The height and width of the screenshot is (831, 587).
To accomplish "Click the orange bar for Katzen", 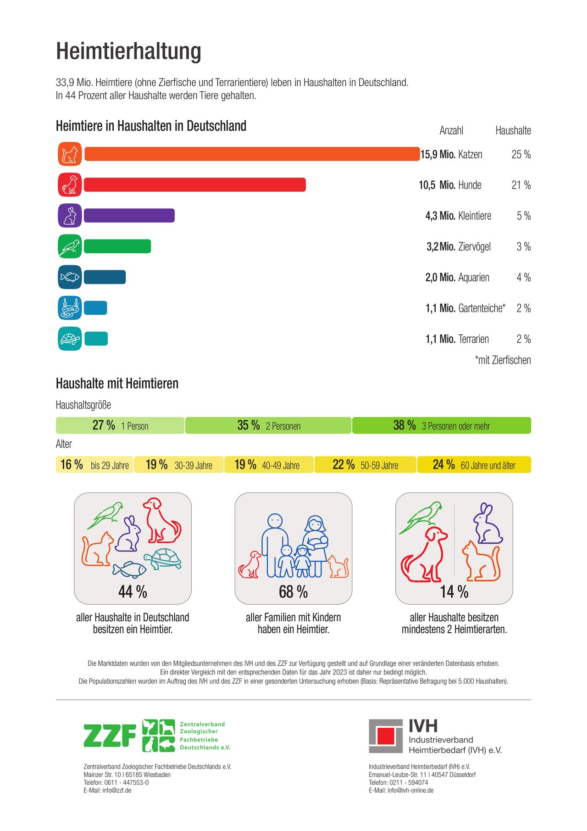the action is coord(252,154).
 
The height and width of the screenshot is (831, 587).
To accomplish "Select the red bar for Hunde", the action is coord(195,185).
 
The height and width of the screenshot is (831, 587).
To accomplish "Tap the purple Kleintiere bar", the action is coord(129,216).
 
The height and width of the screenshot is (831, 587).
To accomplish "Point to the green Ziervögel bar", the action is coord(117,246).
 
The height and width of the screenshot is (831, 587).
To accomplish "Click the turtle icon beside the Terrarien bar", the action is coord(70,339).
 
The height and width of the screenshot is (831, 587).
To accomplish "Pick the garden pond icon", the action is coord(70,308).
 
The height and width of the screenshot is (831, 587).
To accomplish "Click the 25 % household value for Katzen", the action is coord(521,155).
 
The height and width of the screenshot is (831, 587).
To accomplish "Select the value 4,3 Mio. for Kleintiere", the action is coord(440,216).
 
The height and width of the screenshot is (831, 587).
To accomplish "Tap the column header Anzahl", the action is coord(451,131).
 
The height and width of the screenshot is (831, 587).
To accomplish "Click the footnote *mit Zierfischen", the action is coord(503,360).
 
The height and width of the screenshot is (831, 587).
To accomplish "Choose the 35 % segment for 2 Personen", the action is coord(268,425).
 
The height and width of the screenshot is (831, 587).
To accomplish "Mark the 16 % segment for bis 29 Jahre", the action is coord(94,464).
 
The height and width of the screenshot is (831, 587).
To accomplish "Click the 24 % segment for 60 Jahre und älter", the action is coord(474,464).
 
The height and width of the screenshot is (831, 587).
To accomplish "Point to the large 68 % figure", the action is coord(293,592).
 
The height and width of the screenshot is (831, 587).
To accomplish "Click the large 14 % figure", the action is coord(454,592).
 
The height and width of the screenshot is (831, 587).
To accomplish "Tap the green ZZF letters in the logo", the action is coord(110,736).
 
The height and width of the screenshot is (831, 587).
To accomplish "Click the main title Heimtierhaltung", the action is coord(128,51).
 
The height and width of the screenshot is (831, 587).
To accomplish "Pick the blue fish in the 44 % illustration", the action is coord(130,569).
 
